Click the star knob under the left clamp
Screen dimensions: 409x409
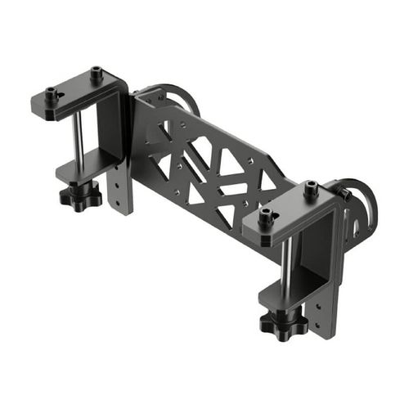point(80,196)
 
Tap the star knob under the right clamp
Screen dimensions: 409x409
point(283,323)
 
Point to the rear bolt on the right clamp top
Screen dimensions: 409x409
point(311,188)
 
